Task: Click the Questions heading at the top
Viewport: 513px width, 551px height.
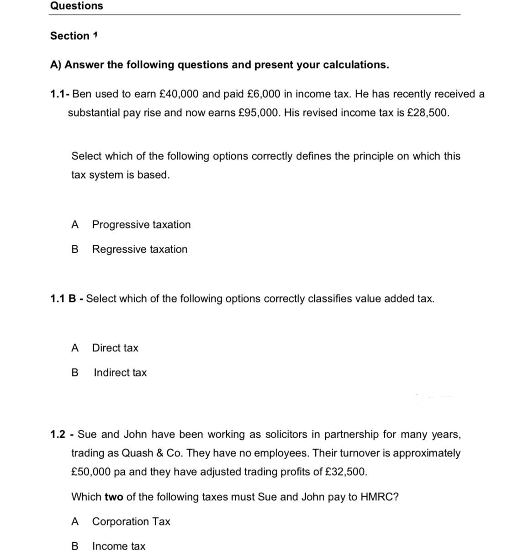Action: click(77, 6)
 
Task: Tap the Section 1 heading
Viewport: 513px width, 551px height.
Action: click(74, 36)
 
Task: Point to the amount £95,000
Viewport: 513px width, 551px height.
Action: click(258, 113)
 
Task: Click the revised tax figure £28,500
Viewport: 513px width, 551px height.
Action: click(427, 113)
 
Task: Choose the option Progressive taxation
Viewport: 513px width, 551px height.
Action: click(141, 225)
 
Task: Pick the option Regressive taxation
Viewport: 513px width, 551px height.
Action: click(139, 249)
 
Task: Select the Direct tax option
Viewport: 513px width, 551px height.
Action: click(115, 348)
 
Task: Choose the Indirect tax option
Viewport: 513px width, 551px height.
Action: click(120, 373)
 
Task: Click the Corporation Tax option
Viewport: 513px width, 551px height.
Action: click(131, 522)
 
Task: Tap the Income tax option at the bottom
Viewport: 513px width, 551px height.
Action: click(119, 546)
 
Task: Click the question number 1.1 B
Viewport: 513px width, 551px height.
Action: click(63, 299)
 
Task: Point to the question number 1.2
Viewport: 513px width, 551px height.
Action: click(58, 434)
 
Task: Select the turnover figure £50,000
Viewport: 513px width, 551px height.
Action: click(91, 472)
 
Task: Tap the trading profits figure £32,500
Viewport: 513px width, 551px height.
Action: click(345, 472)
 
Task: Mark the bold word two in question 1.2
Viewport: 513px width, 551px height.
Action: click(114, 497)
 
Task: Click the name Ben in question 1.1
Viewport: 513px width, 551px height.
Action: click(82, 94)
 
